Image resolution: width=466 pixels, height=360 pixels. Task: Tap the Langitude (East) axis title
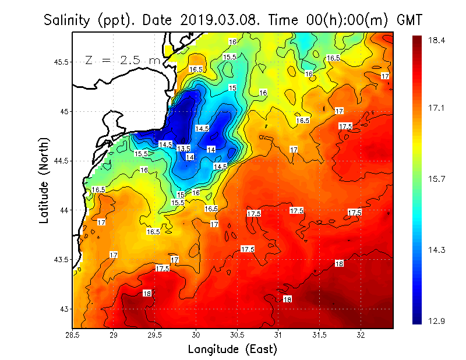pyautogui.click(x=232, y=350)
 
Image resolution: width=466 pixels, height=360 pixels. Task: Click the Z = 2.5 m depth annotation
pyautogui.click(x=122, y=60)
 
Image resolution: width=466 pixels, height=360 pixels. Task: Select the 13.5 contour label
pyautogui.click(x=183, y=149)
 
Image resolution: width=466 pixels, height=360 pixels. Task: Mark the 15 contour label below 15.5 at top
pyautogui.click(x=232, y=87)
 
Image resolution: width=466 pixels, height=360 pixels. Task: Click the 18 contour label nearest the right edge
pyautogui.click(x=340, y=264)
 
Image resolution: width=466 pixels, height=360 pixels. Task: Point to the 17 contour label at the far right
pyautogui.click(x=385, y=76)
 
